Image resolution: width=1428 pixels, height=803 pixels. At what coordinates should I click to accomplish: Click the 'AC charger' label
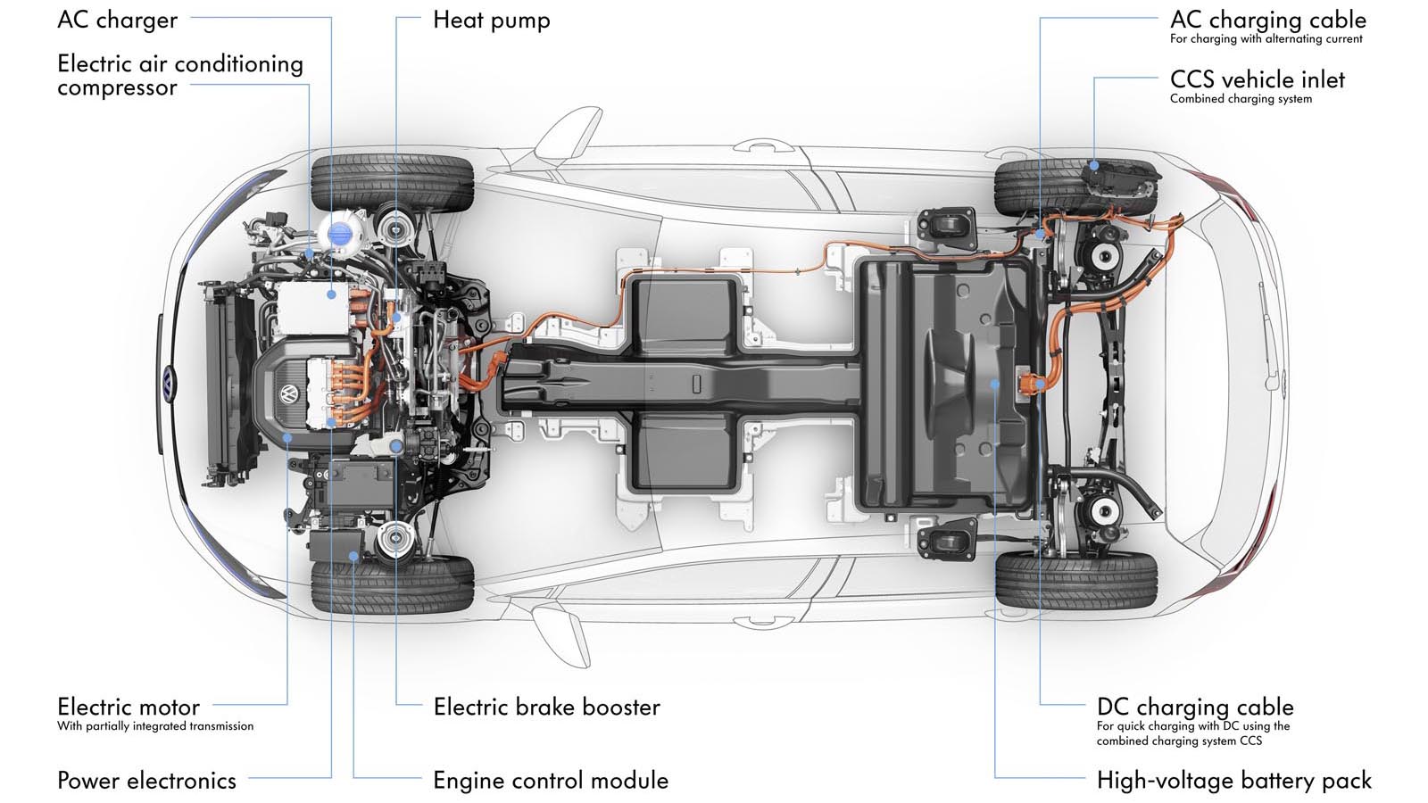[117, 20]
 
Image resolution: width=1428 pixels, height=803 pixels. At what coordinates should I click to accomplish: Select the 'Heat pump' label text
[491, 20]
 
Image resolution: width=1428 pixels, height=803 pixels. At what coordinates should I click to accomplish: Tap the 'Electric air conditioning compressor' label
[179, 75]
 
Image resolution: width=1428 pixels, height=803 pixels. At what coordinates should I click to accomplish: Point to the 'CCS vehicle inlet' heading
[1257, 79]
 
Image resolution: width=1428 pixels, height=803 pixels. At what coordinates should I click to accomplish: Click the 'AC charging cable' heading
[1267, 20]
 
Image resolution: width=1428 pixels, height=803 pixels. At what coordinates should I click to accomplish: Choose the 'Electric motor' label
[129, 707]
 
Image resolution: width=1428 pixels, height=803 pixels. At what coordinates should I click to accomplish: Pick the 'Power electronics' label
[146, 780]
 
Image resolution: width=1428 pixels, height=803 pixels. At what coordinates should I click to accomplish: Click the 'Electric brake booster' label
[546, 707]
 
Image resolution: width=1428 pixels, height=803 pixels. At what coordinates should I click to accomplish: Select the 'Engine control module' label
[550, 780]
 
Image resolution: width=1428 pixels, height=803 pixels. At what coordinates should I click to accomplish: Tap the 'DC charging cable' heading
[1194, 707]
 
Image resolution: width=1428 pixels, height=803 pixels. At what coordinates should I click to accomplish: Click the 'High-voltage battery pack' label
[1233, 780]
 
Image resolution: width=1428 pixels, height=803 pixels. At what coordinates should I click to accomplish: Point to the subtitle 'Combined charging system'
[1241, 99]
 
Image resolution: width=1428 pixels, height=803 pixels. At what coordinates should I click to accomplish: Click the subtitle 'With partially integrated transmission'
[155, 726]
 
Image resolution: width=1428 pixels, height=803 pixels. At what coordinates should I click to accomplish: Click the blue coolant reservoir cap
[340, 234]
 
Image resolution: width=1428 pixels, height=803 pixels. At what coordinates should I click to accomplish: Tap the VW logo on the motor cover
[288, 393]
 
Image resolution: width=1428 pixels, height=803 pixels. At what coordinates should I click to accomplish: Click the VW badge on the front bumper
[169, 383]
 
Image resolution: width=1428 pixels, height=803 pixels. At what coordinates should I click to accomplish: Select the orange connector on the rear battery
[1034, 385]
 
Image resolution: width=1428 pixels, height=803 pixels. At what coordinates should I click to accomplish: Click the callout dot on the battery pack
[995, 384]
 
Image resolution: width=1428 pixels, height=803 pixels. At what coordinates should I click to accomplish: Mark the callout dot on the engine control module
[353, 556]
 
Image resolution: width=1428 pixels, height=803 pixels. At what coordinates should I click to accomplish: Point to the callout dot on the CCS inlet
[1094, 165]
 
